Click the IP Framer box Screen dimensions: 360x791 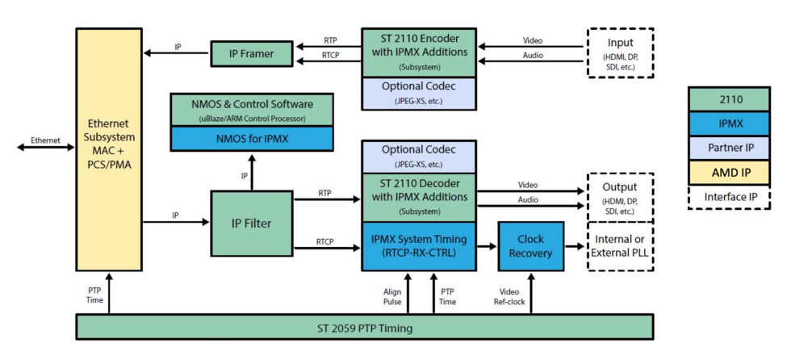pyautogui.click(x=249, y=54)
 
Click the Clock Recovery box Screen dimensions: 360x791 pyautogui.click(x=530, y=246)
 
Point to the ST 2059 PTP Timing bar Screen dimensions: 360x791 pyautogui.click(x=364, y=327)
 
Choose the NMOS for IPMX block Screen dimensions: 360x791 pyautogui.click(x=252, y=138)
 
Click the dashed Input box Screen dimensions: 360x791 pyautogui.click(x=619, y=52)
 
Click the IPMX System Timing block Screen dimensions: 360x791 pyautogui.click(x=417, y=246)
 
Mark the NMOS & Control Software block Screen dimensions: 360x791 pyautogui.click(x=252, y=109)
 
